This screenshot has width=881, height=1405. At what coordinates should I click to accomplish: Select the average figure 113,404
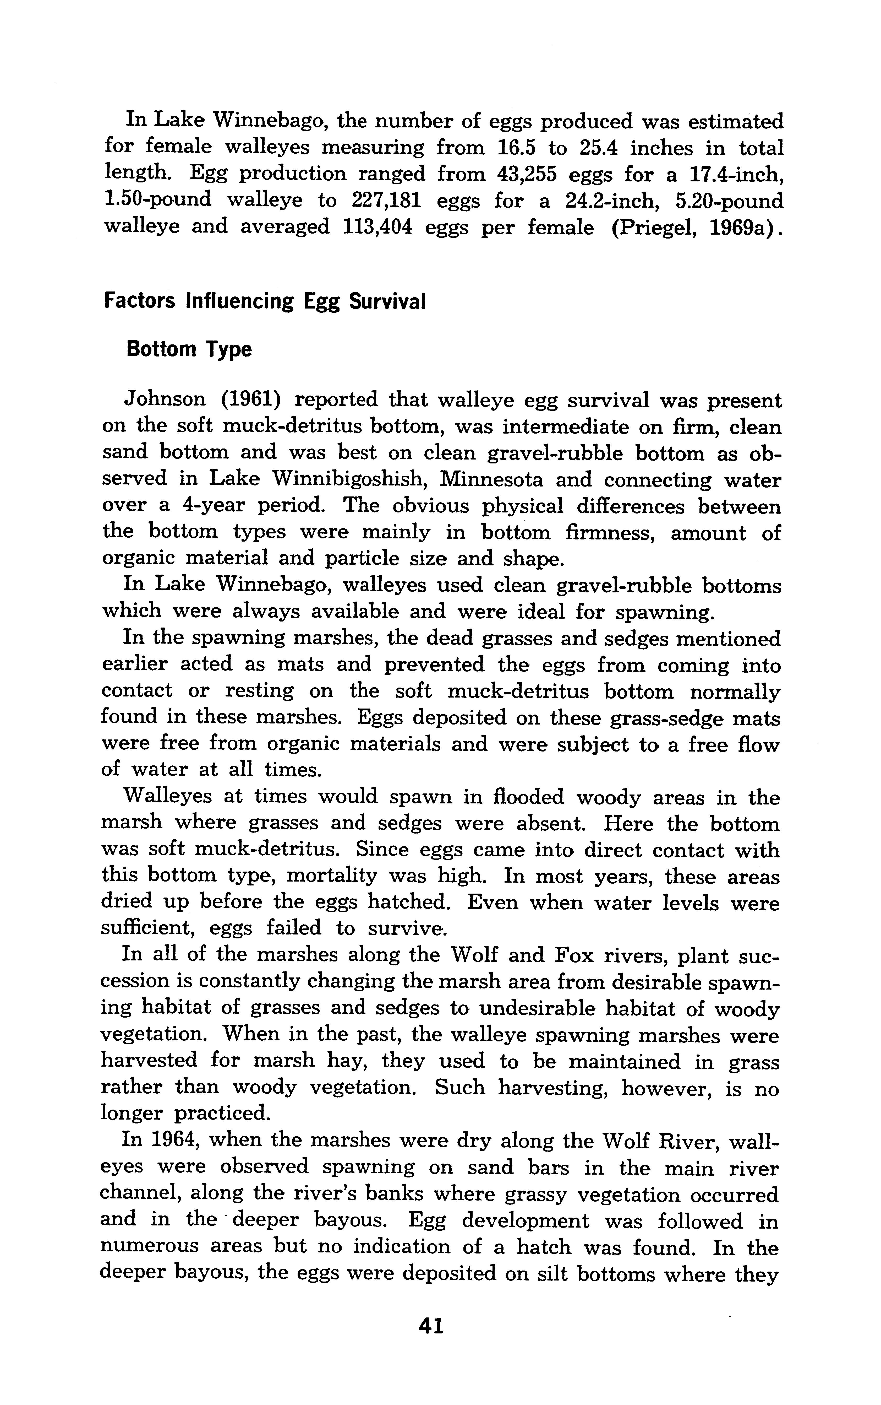[x=374, y=227]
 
